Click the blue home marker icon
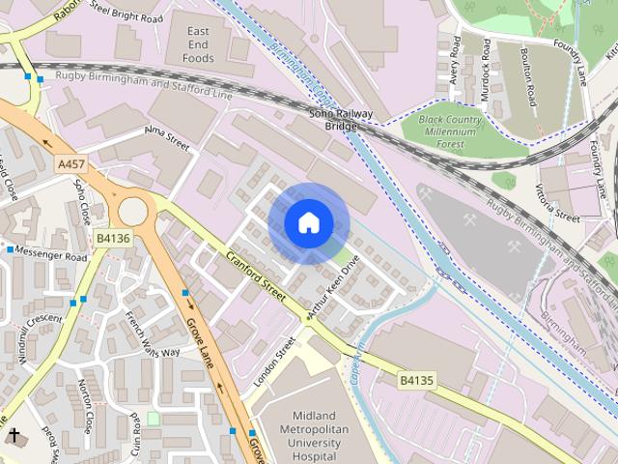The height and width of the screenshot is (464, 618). point(308,223)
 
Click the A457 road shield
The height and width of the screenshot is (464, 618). point(70,165)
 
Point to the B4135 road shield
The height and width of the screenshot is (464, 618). point(416,381)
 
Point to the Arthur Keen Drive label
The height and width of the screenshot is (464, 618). point(333,287)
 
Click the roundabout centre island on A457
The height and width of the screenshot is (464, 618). point(133,209)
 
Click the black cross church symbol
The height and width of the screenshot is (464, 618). point(14,436)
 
